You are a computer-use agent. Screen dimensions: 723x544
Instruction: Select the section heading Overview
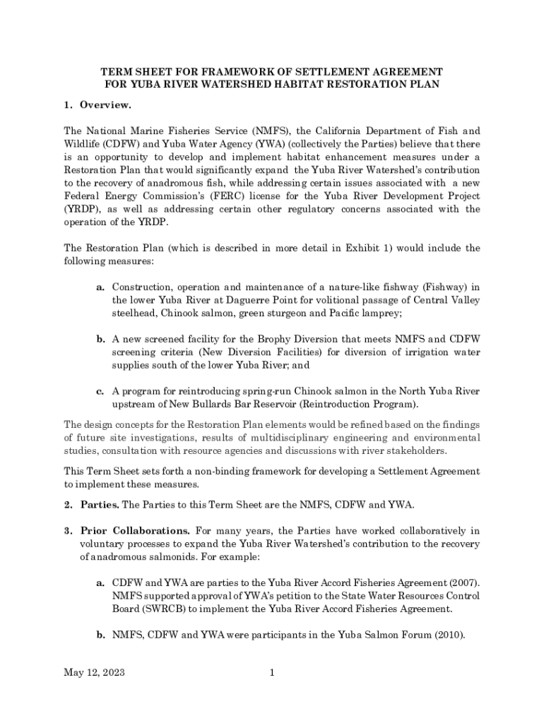(x=105, y=105)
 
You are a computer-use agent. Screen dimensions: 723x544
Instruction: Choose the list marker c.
(x=101, y=391)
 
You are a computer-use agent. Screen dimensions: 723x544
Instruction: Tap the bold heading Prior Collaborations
(x=135, y=530)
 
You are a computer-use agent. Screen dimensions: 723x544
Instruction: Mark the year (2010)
(x=446, y=635)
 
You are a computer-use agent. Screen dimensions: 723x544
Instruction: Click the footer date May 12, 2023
(x=94, y=673)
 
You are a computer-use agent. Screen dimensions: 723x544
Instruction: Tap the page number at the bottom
(x=271, y=673)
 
